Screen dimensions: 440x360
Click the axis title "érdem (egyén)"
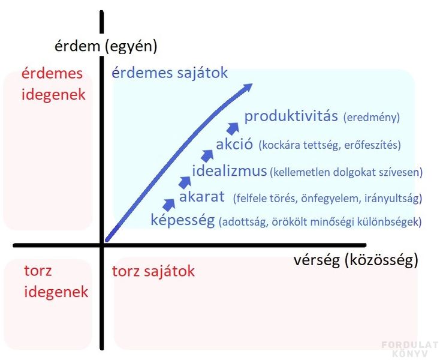point(106,46)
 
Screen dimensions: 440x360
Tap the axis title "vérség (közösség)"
point(356,260)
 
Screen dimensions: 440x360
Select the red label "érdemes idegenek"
point(53,83)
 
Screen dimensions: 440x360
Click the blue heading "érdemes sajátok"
point(170,73)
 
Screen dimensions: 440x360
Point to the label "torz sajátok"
point(153,271)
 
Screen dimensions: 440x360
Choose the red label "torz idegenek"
point(56,281)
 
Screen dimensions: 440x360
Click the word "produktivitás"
point(291,116)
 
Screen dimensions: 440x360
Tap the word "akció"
point(234,144)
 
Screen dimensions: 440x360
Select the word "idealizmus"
point(229,171)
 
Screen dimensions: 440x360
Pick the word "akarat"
point(202,197)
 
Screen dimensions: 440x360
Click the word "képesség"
point(183,220)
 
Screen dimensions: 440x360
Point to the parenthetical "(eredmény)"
point(372,118)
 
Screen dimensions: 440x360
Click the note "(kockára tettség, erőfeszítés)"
point(330,145)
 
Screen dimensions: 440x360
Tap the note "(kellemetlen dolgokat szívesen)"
point(346,172)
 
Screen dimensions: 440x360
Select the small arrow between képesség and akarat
point(168,205)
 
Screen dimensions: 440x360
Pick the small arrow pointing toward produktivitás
point(233,128)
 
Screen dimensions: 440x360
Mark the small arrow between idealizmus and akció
point(207,156)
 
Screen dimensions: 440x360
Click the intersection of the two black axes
point(101,245)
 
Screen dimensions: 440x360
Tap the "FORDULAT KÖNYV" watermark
point(410,349)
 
